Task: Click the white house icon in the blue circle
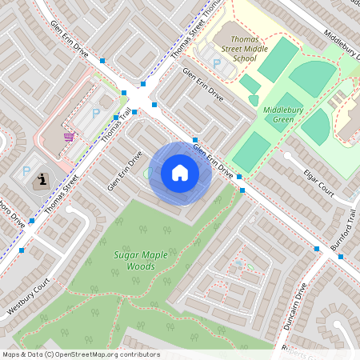(x=180, y=173)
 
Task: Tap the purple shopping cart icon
(x=69, y=137)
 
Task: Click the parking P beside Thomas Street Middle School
(x=215, y=63)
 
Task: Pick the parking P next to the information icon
(x=26, y=170)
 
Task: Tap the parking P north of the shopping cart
(x=96, y=113)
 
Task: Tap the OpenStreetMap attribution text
(x=80, y=354)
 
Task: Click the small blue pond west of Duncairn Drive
(x=238, y=263)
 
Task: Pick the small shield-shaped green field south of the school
(x=254, y=100)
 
